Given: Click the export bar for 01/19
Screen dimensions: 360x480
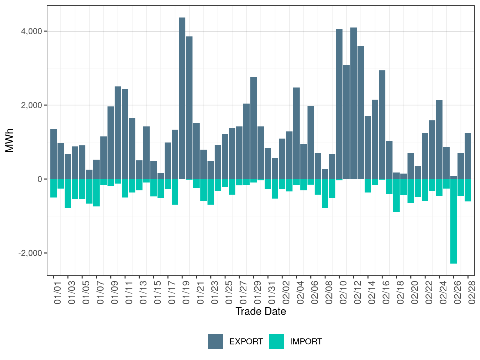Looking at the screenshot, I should click(182, 98).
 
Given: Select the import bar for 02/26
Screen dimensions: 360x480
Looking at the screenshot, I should click(454, 221).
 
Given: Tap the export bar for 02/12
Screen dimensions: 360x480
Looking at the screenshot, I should click(354, 103).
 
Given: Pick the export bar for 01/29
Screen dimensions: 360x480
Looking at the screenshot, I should click(254, 128).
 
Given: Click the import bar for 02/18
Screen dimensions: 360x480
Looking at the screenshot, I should click(396, 195).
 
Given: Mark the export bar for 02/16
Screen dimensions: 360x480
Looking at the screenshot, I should click(382, 125).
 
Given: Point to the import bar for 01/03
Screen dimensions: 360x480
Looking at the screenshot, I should click(68, 193).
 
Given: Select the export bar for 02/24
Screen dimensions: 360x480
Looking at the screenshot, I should click(439, 139).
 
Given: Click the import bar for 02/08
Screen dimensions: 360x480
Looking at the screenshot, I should click(325, 194).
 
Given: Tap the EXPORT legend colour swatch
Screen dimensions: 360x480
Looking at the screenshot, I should click(216, 341).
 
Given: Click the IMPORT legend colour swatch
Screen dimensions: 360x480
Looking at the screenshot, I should click(276, 341).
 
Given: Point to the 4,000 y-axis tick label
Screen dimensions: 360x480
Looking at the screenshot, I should click(31, 31).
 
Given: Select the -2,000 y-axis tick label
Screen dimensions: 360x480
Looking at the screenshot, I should click(30, 253).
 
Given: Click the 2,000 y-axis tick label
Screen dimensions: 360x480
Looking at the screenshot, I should click(31, 105).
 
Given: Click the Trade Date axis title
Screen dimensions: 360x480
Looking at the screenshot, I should click(261, 311).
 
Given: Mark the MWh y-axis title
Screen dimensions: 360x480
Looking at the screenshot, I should click(10, 140).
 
